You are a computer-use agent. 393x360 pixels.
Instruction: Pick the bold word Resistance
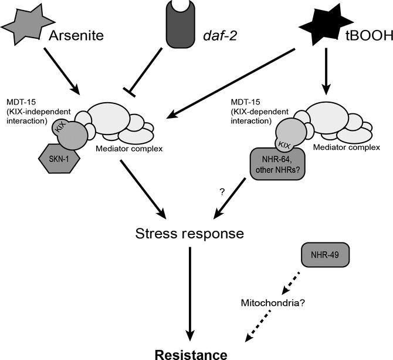[x=189, y=354]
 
